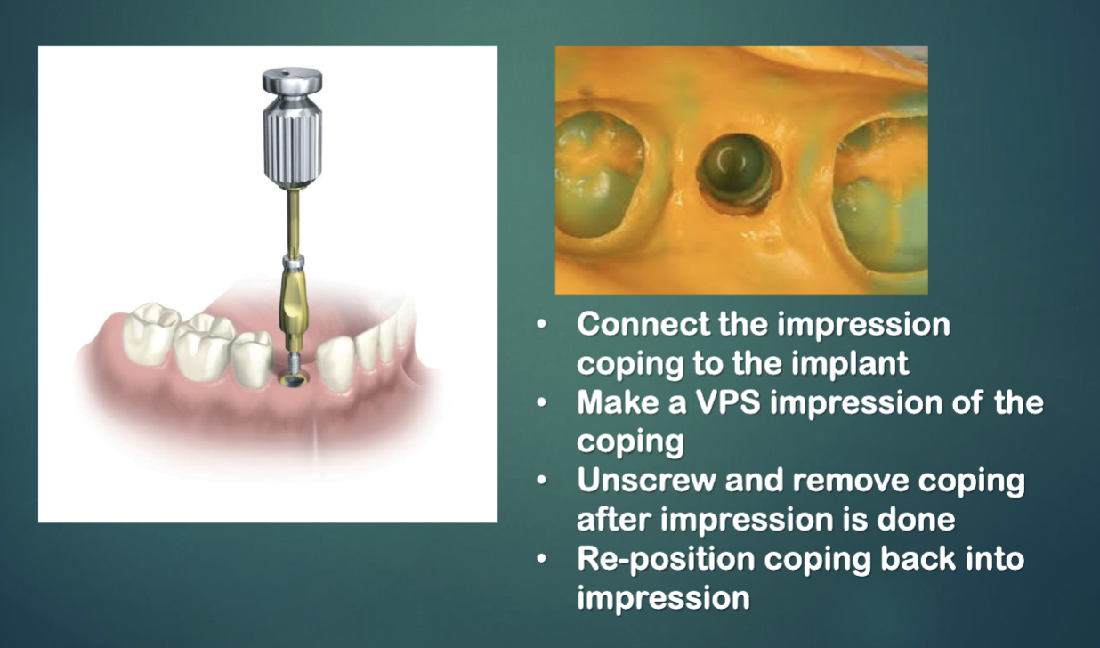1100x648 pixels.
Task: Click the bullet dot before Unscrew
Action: [542, 482]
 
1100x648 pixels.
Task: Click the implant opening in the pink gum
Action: [292, 380]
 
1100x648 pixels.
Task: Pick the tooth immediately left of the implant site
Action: [253, 356]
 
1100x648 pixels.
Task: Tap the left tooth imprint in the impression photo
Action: [595, 169]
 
